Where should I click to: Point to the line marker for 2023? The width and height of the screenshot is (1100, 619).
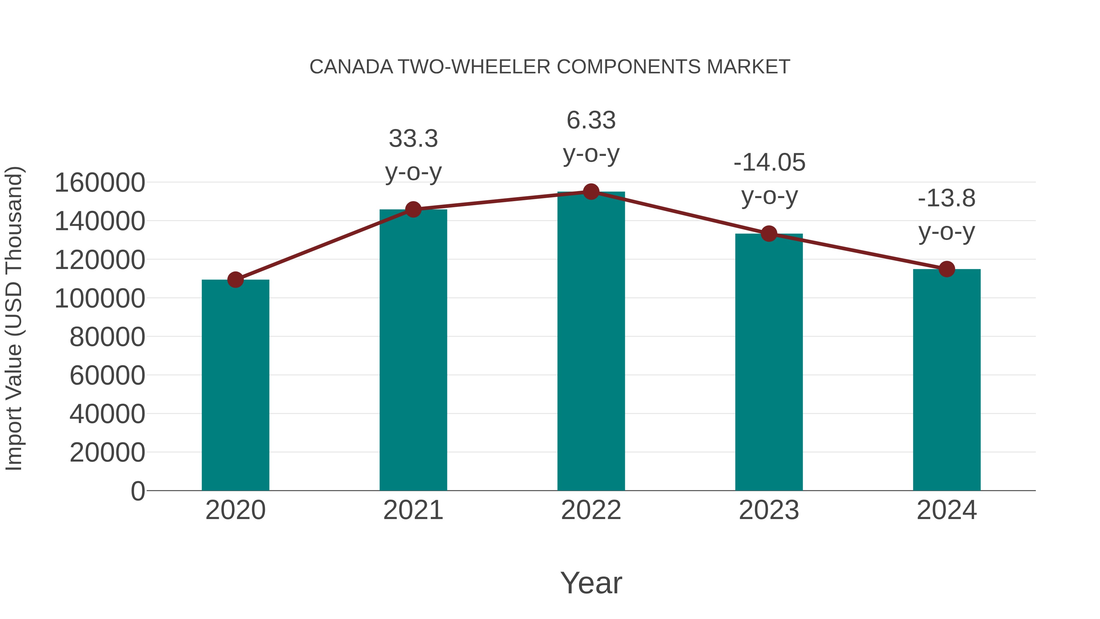[x=769, y=234]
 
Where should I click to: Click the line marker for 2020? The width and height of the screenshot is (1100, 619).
[x=235, y=280]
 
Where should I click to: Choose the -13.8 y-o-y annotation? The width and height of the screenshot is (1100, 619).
[x=947, y=215]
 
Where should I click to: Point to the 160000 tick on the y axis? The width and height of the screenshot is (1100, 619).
[x=100, y=183]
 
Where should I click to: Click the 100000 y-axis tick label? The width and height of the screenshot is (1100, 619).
[x=100, y=298]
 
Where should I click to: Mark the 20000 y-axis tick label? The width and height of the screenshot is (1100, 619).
[x=107, y=452]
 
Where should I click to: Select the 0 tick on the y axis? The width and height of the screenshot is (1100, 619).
[x=138, y=491]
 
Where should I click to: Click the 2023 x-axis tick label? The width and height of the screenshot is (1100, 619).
[x=769, y=510]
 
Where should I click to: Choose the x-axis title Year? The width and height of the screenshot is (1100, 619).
[x=591, y=583]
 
